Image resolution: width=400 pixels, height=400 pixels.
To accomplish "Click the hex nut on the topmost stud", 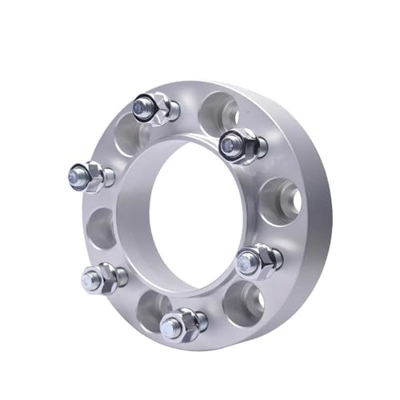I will tap(158, 107).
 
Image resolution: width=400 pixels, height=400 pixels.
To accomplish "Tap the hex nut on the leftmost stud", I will tap(96, 175).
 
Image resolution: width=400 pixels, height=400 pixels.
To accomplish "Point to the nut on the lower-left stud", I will tap(106, 277).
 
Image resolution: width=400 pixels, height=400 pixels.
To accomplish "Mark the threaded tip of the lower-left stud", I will tap(90, 278).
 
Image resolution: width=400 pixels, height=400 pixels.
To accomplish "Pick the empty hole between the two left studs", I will tap(100, 226).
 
